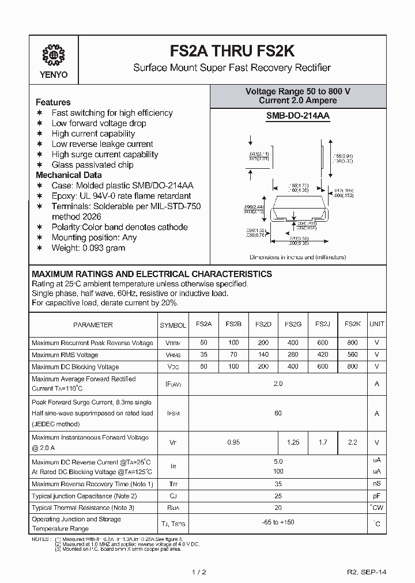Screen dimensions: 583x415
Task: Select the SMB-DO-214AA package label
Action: click(x=297, y=116)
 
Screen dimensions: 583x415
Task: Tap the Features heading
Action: click(x=53, y=102)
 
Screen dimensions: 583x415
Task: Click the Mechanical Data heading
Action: click(x=69, y=175)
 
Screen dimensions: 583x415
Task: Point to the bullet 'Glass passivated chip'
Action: click(x=92, y=165)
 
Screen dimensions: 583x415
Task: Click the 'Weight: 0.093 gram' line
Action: click(x=88, y=248)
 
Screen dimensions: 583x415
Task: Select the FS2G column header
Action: click(x=292, y=324)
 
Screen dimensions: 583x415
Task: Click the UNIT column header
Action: click(x=377, y=324)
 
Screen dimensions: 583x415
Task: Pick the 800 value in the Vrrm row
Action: click(x=352, y=343)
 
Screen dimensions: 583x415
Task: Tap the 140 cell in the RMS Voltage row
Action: click(x=263, y=355)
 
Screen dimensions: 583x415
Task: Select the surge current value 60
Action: click(x=278, y=413)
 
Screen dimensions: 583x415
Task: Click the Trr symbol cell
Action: click(x=173, y=484)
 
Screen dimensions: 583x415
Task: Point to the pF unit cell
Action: click(x=377, y=495)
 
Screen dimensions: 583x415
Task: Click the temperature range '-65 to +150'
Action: click(x=278, y=523)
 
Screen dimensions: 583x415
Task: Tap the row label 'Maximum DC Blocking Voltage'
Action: click(x=76, y=367)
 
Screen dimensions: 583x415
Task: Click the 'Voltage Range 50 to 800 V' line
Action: click(x=297, y=92)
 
